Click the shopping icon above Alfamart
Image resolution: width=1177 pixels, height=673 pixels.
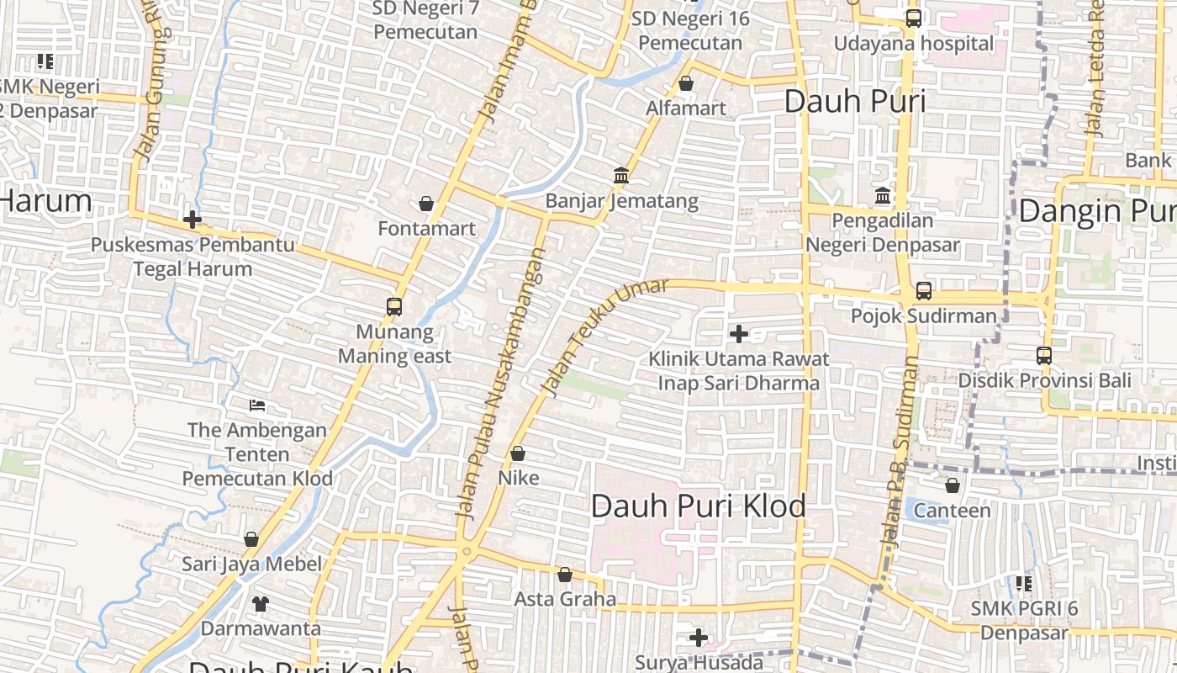[x=686, y=83]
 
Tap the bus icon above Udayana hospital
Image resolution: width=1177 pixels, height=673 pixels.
[x=913, y=18]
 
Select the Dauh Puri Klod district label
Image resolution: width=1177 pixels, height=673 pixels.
[x=698, y=506]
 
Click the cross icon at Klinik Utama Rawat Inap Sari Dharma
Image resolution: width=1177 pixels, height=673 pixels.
[x=739, y=334]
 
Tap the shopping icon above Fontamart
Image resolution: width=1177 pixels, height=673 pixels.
[x=426, y=204]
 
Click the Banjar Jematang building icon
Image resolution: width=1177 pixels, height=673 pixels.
[x=621, y=175]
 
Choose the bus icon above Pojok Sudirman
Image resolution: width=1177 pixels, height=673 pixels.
[x=924, y=291]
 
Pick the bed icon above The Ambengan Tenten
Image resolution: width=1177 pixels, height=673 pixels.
[x=257, y=405]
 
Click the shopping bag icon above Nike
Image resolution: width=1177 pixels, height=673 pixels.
[x=518, y=453]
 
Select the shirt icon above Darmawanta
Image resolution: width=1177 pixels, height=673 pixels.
[x=260, y=603]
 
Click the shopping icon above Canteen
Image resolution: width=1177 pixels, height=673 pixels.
[x=953, y=485]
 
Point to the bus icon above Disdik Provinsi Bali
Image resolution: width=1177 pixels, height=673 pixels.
[x=1044, y=355]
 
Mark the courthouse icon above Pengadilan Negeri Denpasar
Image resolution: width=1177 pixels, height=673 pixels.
[x=883, y=196]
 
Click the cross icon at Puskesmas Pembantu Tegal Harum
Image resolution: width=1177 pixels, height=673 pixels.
[x=193, y=220]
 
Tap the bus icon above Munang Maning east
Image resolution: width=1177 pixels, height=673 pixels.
[x=394, y=306]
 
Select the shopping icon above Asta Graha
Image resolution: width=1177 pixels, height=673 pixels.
[x=565, y=575]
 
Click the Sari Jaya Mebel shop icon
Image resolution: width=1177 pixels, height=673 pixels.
[x=251, y=539]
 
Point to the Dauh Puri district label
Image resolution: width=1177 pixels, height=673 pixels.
[x=854, y=102]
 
